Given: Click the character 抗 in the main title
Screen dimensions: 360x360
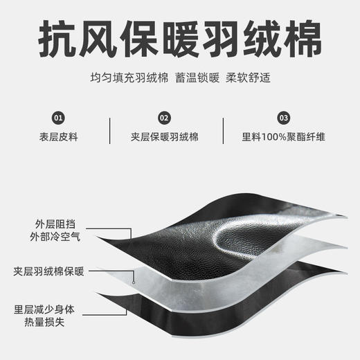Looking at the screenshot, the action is tap(57, 39).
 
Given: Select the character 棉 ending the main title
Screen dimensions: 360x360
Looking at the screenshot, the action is tap(303, 39).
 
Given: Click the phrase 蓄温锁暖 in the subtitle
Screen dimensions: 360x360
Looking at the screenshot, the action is tap(197, 78).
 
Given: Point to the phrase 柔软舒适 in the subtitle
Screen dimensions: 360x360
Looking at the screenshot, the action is tap(248, 78).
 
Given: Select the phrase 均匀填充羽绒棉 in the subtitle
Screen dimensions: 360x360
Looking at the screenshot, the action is tap(129, 78).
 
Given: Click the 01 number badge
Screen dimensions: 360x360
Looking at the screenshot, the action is tap(58, 118).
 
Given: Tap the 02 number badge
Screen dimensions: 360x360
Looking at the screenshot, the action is tap(164, 118).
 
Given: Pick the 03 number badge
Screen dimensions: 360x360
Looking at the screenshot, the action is tap(284, 118).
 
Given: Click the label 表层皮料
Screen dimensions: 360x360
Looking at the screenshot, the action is tap(58, 137).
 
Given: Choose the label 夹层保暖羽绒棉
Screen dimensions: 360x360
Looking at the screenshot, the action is tap(164, 137).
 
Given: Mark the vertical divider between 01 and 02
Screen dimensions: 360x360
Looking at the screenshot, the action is tap(110, 131).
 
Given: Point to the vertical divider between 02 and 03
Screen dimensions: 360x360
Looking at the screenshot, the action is tap(223, 131).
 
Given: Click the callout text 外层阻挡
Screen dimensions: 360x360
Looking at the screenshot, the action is tap(55, 224).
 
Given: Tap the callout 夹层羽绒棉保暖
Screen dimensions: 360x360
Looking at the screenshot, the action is tap(48, 271).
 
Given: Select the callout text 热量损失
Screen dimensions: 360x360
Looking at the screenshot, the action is tap(44, 322).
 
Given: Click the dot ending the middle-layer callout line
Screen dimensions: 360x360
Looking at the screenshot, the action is tap(134, 282).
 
